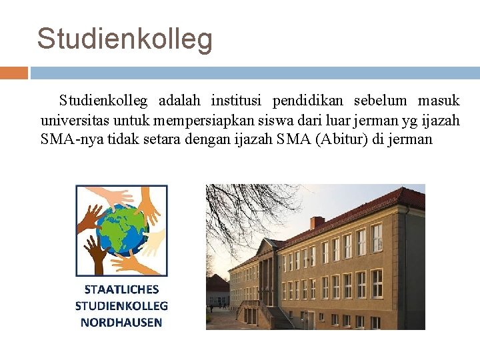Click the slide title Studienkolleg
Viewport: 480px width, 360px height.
tap(125, 39)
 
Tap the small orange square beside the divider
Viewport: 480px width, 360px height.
tap(13, 72)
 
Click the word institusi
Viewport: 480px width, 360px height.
tap(237, 101)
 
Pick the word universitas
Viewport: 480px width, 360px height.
tap(75, 121)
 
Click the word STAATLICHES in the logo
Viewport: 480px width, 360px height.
tap(122, 289)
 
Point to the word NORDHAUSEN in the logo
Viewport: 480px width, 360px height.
tap(121, 322)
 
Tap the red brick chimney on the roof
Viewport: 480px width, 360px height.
tap(317, 223)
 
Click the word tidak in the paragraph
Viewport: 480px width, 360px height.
tap(123, 139)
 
